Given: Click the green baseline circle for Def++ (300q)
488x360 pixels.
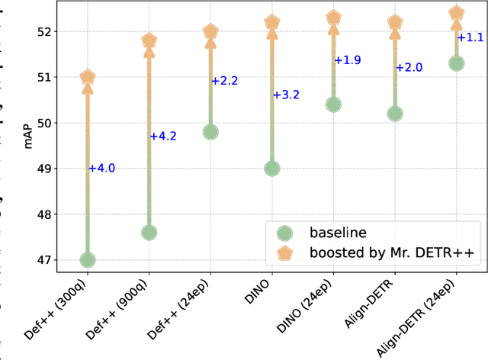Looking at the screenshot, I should (x=88, y=260).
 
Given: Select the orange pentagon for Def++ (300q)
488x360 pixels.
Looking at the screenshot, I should (x=88, y=77).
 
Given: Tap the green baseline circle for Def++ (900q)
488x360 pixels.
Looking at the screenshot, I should (x=149, y=233).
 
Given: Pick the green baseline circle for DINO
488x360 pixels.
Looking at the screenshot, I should (x=271, y=169).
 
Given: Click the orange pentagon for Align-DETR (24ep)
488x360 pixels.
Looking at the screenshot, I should (x=456, y=13).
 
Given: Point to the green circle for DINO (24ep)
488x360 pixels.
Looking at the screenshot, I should (x=333, y=104).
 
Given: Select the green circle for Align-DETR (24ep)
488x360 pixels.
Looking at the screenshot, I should (x=456, y=63).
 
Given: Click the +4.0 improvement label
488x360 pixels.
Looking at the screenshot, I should (x=101, y=169).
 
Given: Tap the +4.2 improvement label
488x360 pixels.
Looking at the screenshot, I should (x=163, y=137).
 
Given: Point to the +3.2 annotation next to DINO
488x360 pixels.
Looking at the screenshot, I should (x=286, y=95).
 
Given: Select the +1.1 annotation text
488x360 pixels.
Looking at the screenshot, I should (x=470, y=37).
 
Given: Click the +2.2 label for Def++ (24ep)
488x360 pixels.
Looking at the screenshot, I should (x=225, y=81).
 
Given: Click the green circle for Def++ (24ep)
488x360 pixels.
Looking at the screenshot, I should (x=210, y=132).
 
